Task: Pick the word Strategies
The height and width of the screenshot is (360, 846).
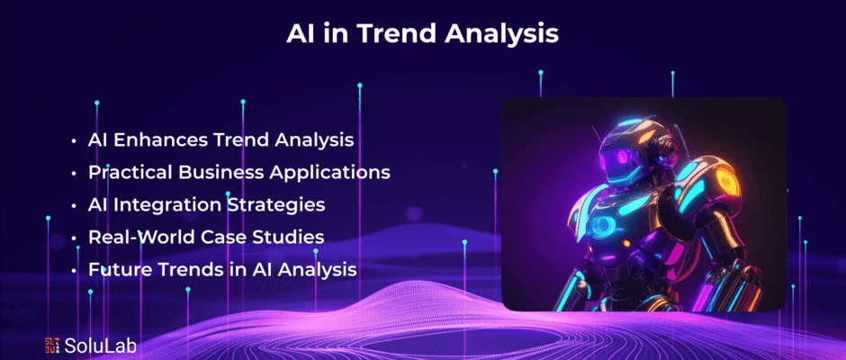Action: pyautogui.click(x=275, y=205)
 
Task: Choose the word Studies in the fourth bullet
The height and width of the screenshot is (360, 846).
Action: pyautogui.click(x=291, y=237)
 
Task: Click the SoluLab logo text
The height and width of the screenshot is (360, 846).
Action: pyautogui.click(x=101, y=346)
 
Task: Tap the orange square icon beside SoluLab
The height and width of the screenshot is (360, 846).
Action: pyautogui.click(x=52, y=346)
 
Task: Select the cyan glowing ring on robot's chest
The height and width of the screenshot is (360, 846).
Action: pyautogui.click(x=602, y=227)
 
